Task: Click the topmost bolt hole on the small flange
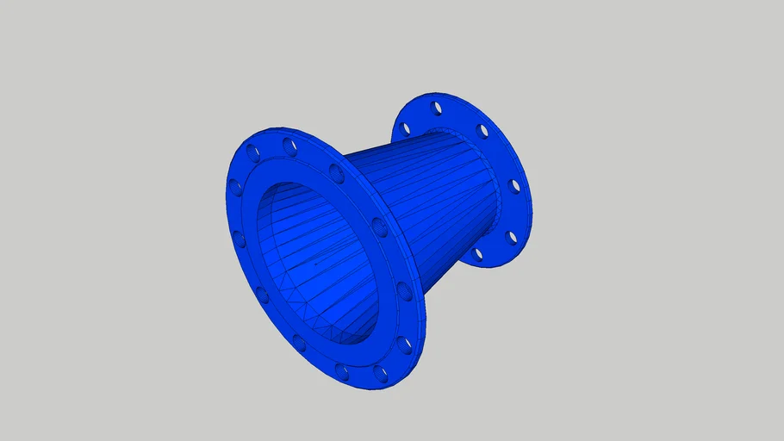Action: [437, 108]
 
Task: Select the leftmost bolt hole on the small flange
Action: [404, 129]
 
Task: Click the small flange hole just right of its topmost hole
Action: [482, 131]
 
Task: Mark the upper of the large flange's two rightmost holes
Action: [379, 227]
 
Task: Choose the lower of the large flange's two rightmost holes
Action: [403, 291]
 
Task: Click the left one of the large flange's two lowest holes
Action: [342, 372]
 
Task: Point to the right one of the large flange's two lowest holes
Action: [380, 374]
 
